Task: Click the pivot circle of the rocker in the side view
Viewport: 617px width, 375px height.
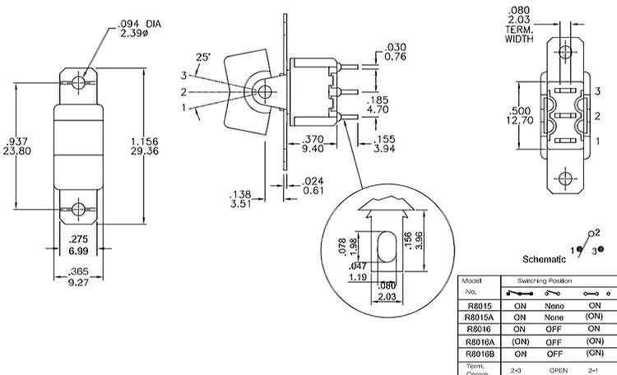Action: coord(262,91)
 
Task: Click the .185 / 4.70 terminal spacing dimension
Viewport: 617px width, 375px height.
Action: coord(376,104)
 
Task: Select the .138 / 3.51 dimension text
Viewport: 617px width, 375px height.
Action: coord(241,200)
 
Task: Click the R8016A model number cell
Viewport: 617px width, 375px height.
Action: coord(479,340)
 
